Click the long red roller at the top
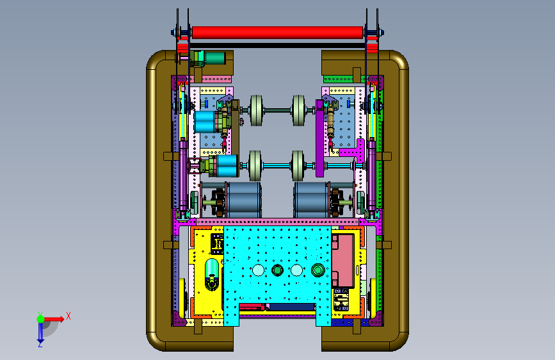[277, 32]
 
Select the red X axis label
[68, 316]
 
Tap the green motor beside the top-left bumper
[214, 58]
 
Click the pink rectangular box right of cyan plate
[343, 260]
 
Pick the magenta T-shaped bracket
[353, 151]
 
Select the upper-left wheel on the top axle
[256, 111]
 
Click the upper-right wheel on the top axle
[299, 111]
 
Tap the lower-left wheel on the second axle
[255, 166]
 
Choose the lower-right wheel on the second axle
[298, 166]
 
